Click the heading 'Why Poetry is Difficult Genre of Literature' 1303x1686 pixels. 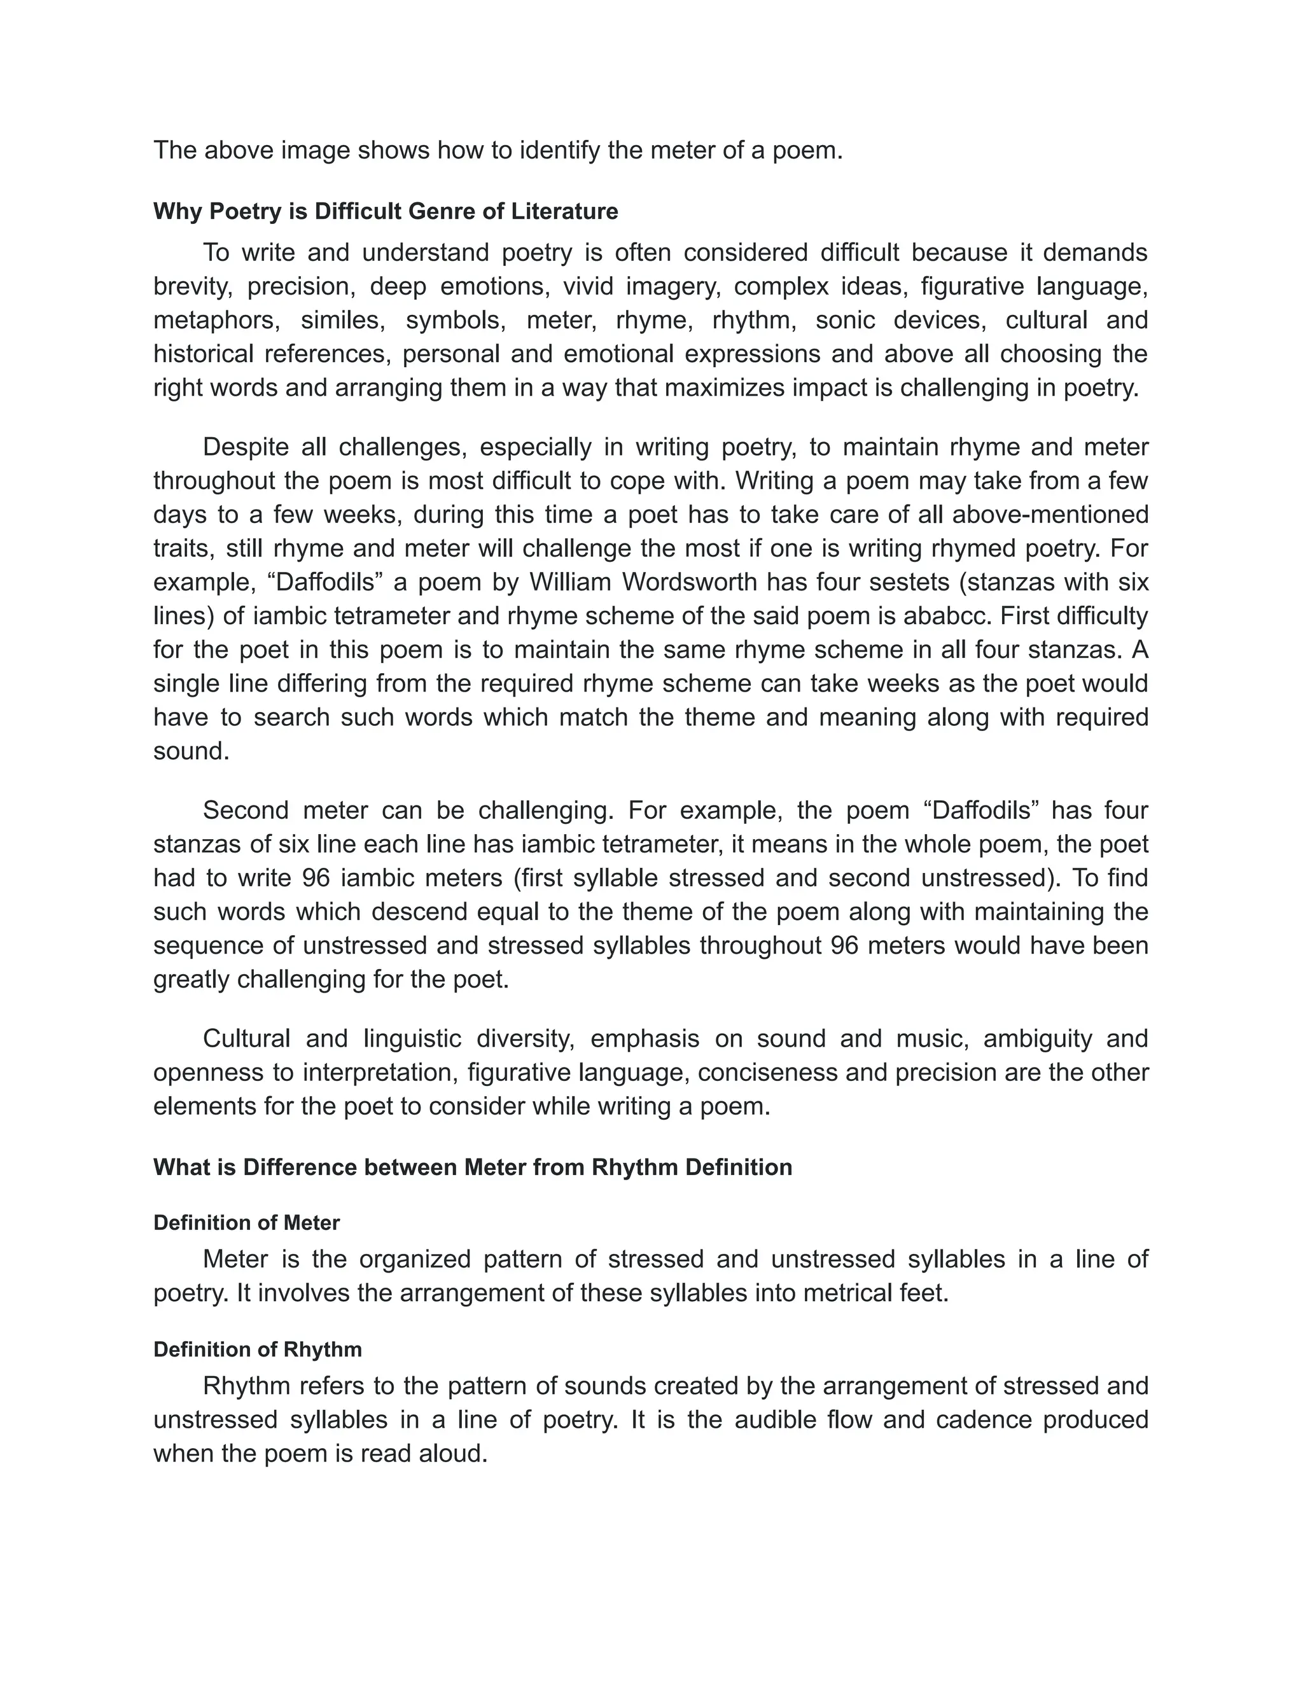385,211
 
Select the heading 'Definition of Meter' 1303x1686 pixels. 246,1223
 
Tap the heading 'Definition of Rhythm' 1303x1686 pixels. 257,1349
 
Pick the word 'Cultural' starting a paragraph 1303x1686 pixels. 246,1039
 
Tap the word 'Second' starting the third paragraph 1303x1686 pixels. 246,811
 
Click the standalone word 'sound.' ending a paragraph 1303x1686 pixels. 192,751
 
